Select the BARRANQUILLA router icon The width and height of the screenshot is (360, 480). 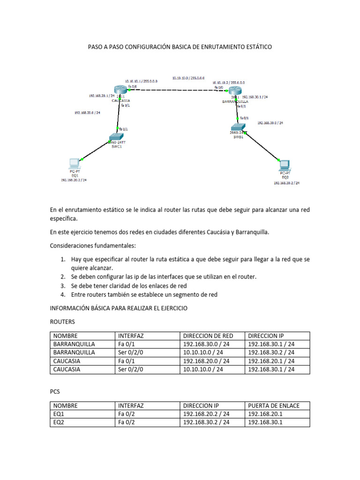click(x=234, y=93)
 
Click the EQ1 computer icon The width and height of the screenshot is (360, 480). click(x=74, y=164)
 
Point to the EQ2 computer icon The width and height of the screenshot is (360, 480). click(x=284, y=165)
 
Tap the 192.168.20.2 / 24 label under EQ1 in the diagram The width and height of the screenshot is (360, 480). click(x=74, y=180)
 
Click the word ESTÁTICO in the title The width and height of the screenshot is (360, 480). click(x=255, y=47)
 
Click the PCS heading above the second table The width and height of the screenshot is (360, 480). click(x=54, y=391)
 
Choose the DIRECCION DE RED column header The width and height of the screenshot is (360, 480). click(x=208, y=336)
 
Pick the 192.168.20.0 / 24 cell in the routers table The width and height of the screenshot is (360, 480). click(x=206, y=361)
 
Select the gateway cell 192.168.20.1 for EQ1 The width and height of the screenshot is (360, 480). click(x=266, y=414)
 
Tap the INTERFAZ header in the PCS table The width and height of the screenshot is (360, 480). click(x=131, y=405)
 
